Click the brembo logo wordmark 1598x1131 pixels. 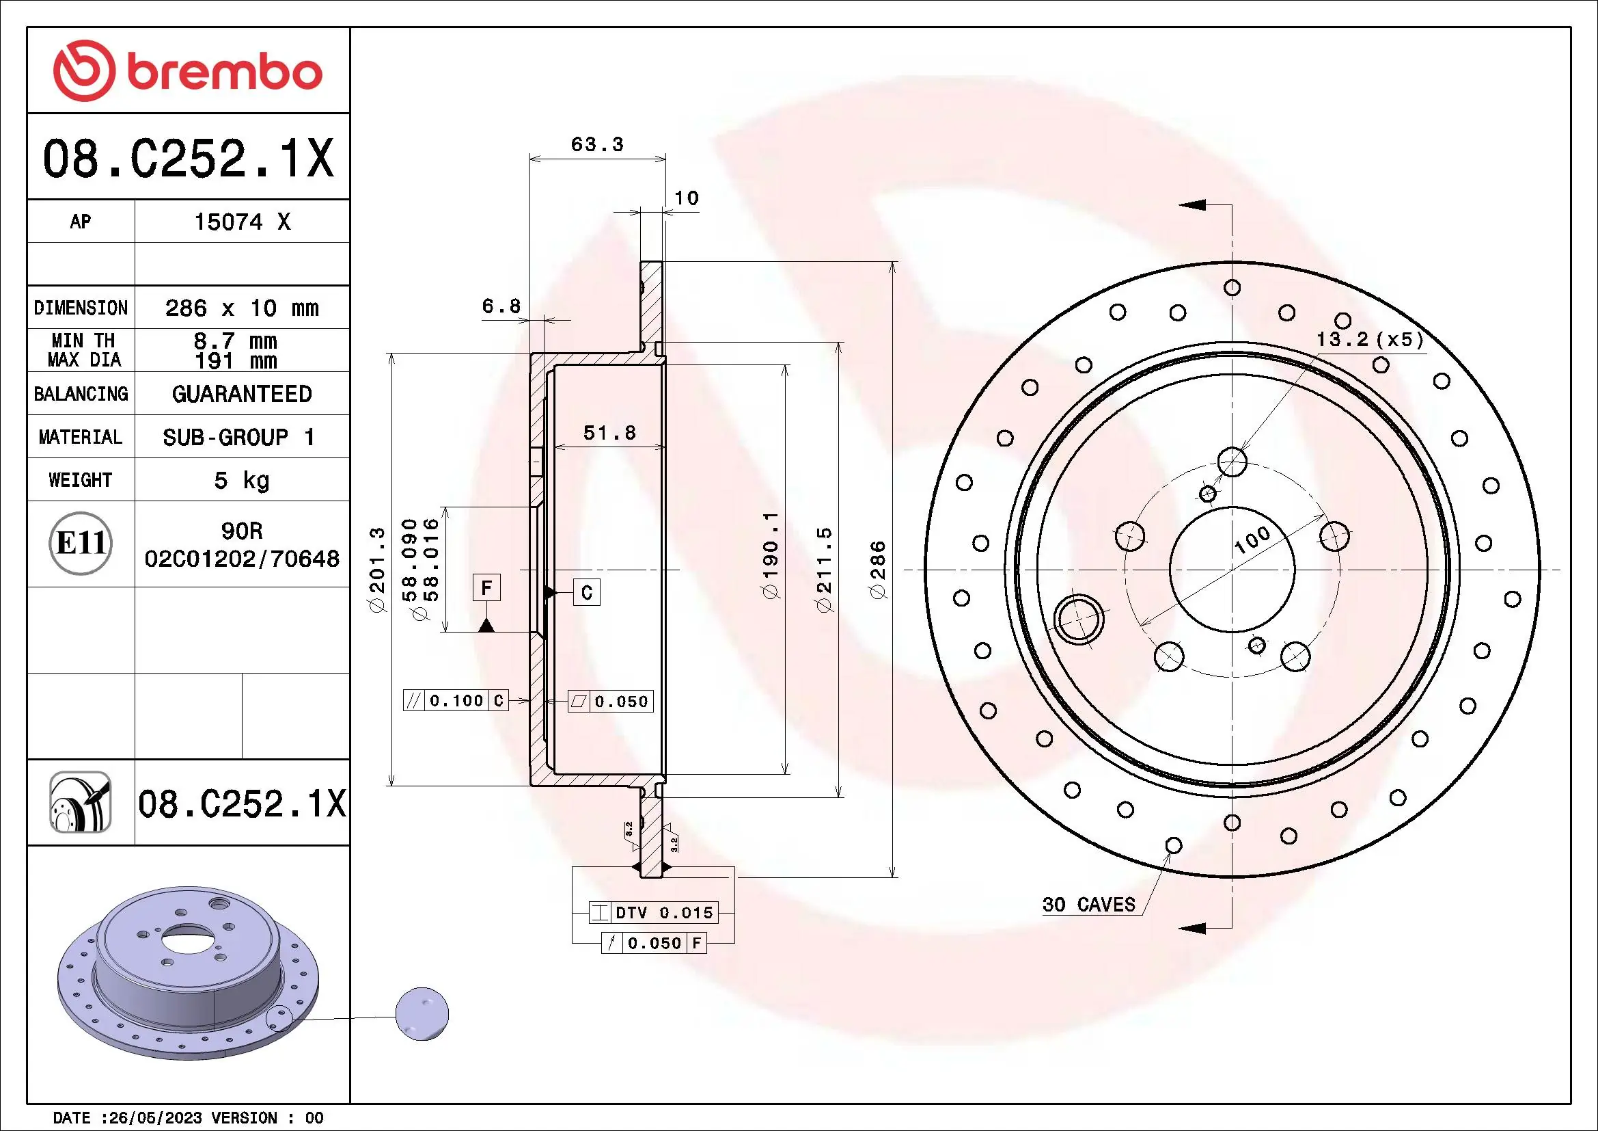click(x=224, y=72)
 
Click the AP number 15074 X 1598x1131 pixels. click(x=241, y=222)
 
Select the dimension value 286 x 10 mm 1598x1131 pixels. click(x=241, y=308)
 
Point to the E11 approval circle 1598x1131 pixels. click(x=81, y=543)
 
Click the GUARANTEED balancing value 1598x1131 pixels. click(x=241, y=394)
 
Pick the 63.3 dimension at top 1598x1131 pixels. click(x=596, y=145)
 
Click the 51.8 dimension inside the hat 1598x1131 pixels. click(x=609, y=433)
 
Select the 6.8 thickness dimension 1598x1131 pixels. click(x=501, y=306)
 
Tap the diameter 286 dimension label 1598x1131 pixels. click(x=879, y=570)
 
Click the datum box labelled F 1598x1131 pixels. click(x=486, y=588)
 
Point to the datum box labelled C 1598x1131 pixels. click(x=586, y=593)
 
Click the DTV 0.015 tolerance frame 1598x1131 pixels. click(x=653, y=912)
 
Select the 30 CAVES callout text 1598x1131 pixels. click(x=1088, y=905)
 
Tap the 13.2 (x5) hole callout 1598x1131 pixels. click(x=1370, y=340)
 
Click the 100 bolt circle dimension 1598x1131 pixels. click(x=1252, y=540)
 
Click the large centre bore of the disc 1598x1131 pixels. click(x=1232, y=570)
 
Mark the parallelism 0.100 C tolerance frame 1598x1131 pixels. click(x=456, y=701)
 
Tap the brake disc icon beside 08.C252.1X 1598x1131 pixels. click(x=81, y=802)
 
